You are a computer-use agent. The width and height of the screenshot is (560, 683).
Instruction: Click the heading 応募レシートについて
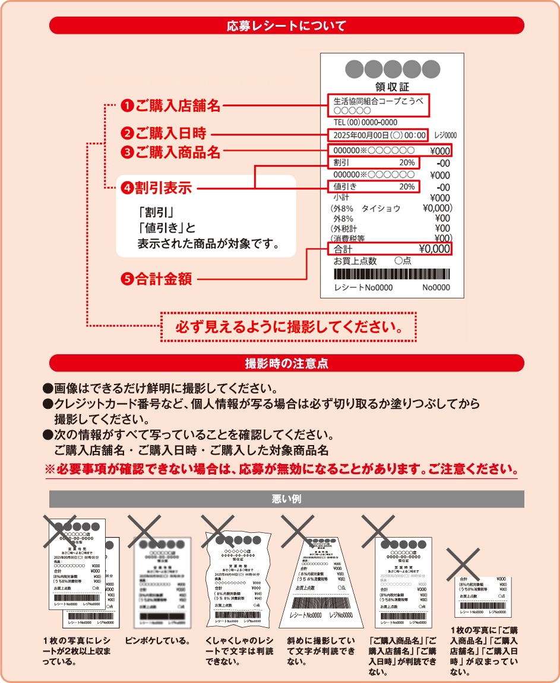tap(286, 26)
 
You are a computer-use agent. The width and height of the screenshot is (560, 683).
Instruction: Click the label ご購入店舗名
tap(178, 106)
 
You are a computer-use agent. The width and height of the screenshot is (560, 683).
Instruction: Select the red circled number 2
tap(127, 134)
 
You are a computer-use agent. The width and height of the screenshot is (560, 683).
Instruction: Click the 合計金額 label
tap(163, 279)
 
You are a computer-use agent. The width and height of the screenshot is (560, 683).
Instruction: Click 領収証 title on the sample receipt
tap(393, 87)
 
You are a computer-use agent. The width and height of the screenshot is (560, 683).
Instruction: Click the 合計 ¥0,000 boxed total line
tap(390, 249)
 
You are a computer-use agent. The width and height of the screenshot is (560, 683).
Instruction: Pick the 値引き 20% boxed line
tap(374, 186)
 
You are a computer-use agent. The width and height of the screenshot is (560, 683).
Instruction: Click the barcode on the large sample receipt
tap(392, 274)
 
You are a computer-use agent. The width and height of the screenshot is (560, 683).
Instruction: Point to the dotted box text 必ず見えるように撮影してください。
tap(289, 327)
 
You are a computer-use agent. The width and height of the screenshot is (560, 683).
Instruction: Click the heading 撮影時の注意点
tap(286, 363)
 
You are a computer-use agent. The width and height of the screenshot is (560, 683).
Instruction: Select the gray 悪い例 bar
tap(286, 499)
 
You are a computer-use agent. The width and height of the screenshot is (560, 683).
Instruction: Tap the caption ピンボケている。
tap(157, 641)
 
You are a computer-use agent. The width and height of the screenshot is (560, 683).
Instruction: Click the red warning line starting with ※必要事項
tap(281, 469)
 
